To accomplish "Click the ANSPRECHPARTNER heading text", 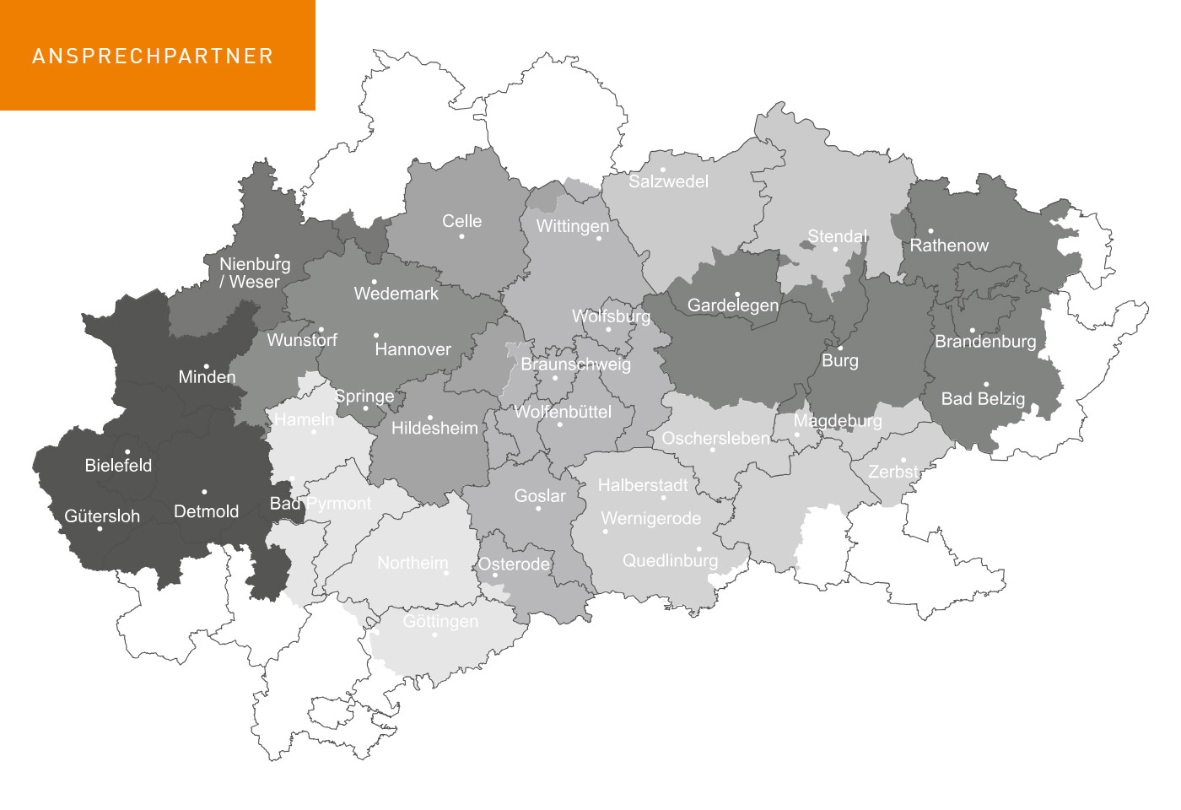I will [153, 57].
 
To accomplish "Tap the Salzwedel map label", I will [668, 181].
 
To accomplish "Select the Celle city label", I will [461, 221].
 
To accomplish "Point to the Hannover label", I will [413, 349].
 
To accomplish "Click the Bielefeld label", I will [118, 466].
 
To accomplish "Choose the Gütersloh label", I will [102, 516].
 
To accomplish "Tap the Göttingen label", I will [440, 622].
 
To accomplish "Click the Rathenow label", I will [949, 246].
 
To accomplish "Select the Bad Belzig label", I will [983, 399].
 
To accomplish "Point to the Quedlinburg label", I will [670, 561].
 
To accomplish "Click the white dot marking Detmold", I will [204, 492].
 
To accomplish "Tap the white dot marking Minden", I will [207, 366].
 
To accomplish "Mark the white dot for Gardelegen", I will [737, 294].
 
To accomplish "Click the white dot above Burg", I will [840, 348].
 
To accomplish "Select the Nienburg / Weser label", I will [254, 273].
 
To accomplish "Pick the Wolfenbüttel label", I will [563, 412].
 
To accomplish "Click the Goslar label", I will [540, 496].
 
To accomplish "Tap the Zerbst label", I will [892, 472].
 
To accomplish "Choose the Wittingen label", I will [572, 226].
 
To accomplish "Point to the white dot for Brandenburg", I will [972, 331].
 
